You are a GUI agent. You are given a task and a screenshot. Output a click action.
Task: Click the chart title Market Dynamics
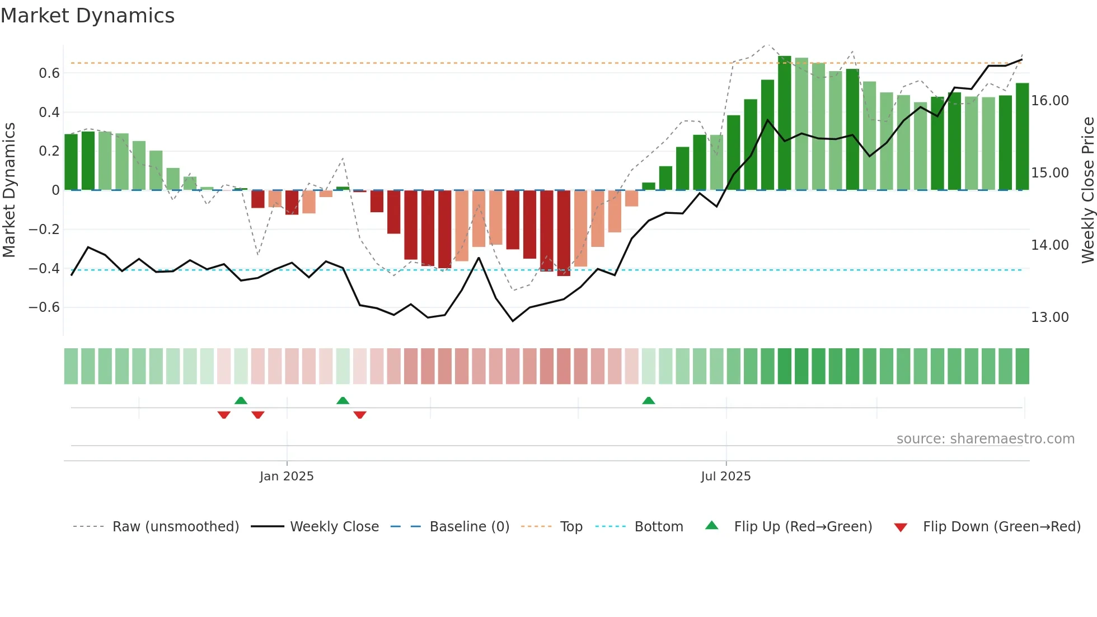click(87, 16)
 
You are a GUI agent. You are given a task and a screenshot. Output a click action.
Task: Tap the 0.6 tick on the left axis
click(49, 73)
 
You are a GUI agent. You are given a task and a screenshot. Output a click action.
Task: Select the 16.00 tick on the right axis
click(1050, 101)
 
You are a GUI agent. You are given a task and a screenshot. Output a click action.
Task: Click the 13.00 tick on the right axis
click(1050, 317)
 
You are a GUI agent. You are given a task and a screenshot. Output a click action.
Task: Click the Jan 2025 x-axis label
click(287, 476)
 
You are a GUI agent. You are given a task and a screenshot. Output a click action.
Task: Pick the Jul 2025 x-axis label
click(726, 476)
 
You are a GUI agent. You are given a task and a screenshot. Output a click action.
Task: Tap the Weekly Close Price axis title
click(1087, 190)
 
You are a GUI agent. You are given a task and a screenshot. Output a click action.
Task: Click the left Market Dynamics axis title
click(9, 190)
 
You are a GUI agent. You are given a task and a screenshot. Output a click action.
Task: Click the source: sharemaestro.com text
click(985, 439)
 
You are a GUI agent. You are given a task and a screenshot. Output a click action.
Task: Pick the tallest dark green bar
click(785, 123)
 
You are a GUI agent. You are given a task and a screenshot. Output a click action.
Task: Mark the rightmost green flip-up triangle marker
click(649, 401)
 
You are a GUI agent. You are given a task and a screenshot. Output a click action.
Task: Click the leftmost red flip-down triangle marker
click(224, 414)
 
